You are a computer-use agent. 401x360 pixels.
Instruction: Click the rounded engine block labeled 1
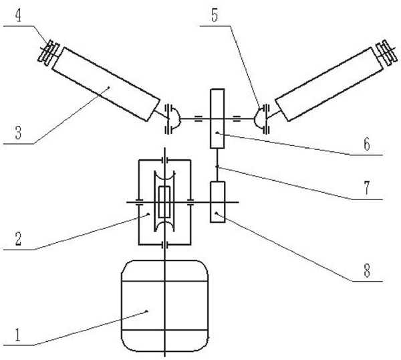click(164, 308)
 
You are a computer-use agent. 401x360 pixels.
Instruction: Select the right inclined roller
click(327, 84)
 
